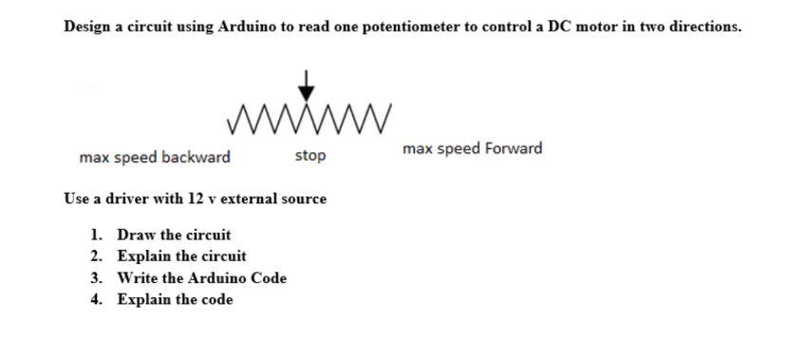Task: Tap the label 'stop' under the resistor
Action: tap(310, 156)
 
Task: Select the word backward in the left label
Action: tap(196, 157)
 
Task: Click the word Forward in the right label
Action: tap(514, 148)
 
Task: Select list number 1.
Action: tap(96, 235)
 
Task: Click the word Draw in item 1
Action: tap(135, 235)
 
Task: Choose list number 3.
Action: tap(96, 278)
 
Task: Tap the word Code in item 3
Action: tap(269, 278)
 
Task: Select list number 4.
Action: tap(96, 300)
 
